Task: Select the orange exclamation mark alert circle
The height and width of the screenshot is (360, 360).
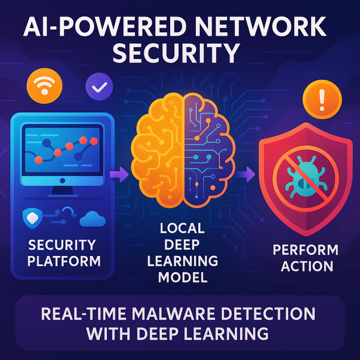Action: (322, 99)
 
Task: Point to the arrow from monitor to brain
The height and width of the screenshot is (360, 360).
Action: (118, 175)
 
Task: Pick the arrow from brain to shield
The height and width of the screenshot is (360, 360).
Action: (245, 175)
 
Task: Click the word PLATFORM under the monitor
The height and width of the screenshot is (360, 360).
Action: (64, 261)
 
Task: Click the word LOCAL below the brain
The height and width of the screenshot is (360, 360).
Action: (182, 229)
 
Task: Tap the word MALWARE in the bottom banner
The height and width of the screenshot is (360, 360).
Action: (170, 314)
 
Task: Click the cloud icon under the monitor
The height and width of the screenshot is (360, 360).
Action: (92, 218)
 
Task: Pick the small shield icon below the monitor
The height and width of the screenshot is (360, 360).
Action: (32, 217)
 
